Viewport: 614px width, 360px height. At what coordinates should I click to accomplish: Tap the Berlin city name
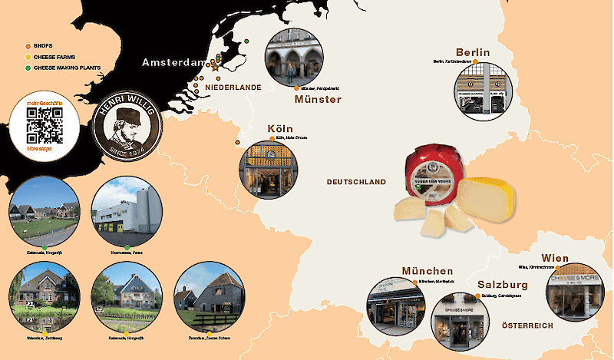click(x=472, y=51)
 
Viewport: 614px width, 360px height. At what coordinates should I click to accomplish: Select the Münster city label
click(x=318, y=99)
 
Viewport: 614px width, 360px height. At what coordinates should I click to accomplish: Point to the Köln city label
click(x=281, y=128)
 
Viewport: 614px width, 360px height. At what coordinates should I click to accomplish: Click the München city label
click(x=427, y=271)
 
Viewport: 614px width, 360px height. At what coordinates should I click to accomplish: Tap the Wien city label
click(x=554, y=257)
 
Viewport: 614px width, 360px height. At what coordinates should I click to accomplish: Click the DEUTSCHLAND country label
click(x=356, y=182)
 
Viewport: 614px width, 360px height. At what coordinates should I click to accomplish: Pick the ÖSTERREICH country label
click(x=527, y=326)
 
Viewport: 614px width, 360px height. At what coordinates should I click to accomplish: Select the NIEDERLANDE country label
click(x=233, y=88)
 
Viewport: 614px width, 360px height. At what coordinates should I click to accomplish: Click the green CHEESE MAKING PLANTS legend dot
click(x=28, y=68)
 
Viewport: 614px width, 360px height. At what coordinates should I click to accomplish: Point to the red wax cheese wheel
click(x=432, y=176)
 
